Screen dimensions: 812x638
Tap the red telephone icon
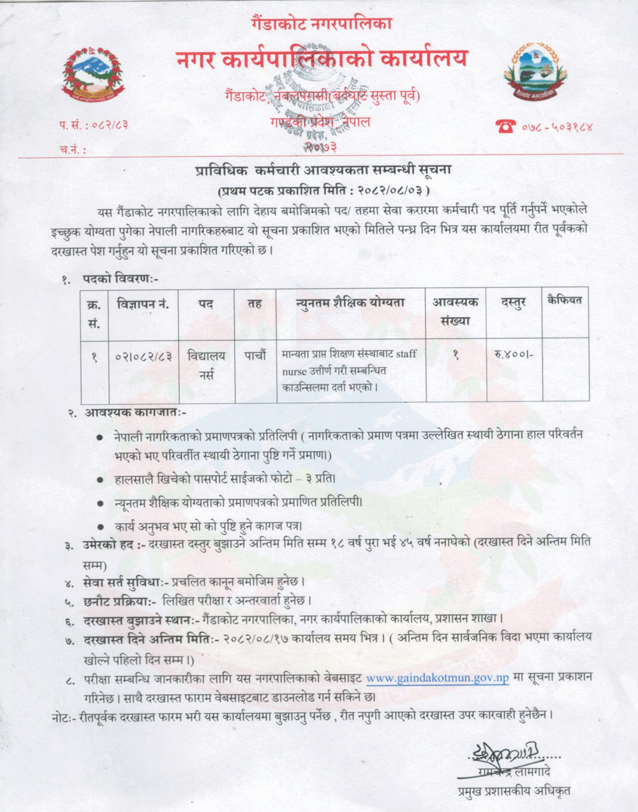(x=507, y=126)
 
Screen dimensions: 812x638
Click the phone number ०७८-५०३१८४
(x=558, y=126)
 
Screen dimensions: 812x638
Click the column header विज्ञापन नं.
(x=143, y=304)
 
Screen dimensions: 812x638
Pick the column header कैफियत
(x=565, y=300)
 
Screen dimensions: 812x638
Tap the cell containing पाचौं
(x=255, y=357)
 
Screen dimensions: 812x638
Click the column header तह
(x=255, y=304)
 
